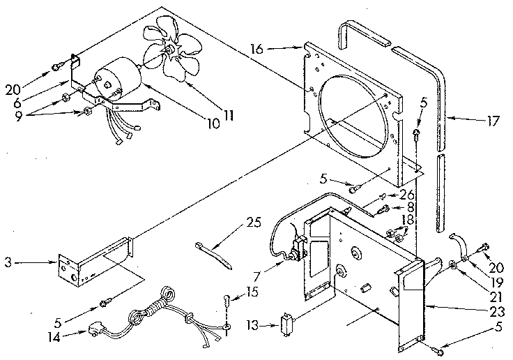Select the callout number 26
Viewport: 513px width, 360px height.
407,194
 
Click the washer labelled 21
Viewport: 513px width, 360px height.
453,264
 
